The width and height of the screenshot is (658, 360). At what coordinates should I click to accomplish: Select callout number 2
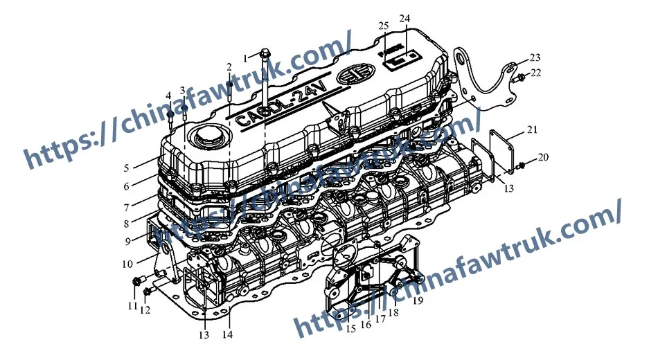229,66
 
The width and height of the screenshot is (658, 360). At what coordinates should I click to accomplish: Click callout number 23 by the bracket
535,57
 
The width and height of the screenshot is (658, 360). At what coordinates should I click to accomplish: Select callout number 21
532,129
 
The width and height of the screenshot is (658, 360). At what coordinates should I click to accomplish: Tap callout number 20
543,157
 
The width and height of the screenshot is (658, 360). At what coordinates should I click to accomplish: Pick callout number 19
418,300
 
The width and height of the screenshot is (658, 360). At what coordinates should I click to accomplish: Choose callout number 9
127,241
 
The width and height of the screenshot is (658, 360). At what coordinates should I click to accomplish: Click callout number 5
127,168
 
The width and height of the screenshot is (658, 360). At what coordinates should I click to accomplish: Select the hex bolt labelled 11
136,281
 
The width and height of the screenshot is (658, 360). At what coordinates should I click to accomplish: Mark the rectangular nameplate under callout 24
402,60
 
